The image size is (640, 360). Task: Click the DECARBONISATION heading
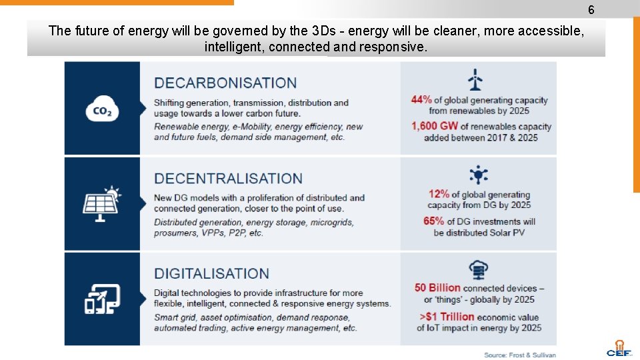tap(225, 83)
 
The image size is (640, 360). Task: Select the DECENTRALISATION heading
tap(228, 179)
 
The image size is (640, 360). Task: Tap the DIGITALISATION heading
tap(211, 274)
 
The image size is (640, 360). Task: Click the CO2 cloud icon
tap(102, 110)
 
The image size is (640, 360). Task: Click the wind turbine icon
tap(475, 79)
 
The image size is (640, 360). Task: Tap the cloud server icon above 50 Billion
tap(478, 269)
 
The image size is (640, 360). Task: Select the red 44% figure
tap(421, 100)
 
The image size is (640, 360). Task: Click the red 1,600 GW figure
tap(434, 126)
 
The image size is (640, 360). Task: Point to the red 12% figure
tap(439, 194)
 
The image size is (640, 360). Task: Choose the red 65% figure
tap(434, 221)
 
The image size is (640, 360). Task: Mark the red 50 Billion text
tap(437, 288)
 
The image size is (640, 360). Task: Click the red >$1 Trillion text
tap(447, 317)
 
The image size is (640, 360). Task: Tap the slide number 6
tap(591, 10)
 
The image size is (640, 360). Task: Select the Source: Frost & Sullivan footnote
tap(520, 355)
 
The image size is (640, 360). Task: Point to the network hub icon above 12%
tap(478, 175)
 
